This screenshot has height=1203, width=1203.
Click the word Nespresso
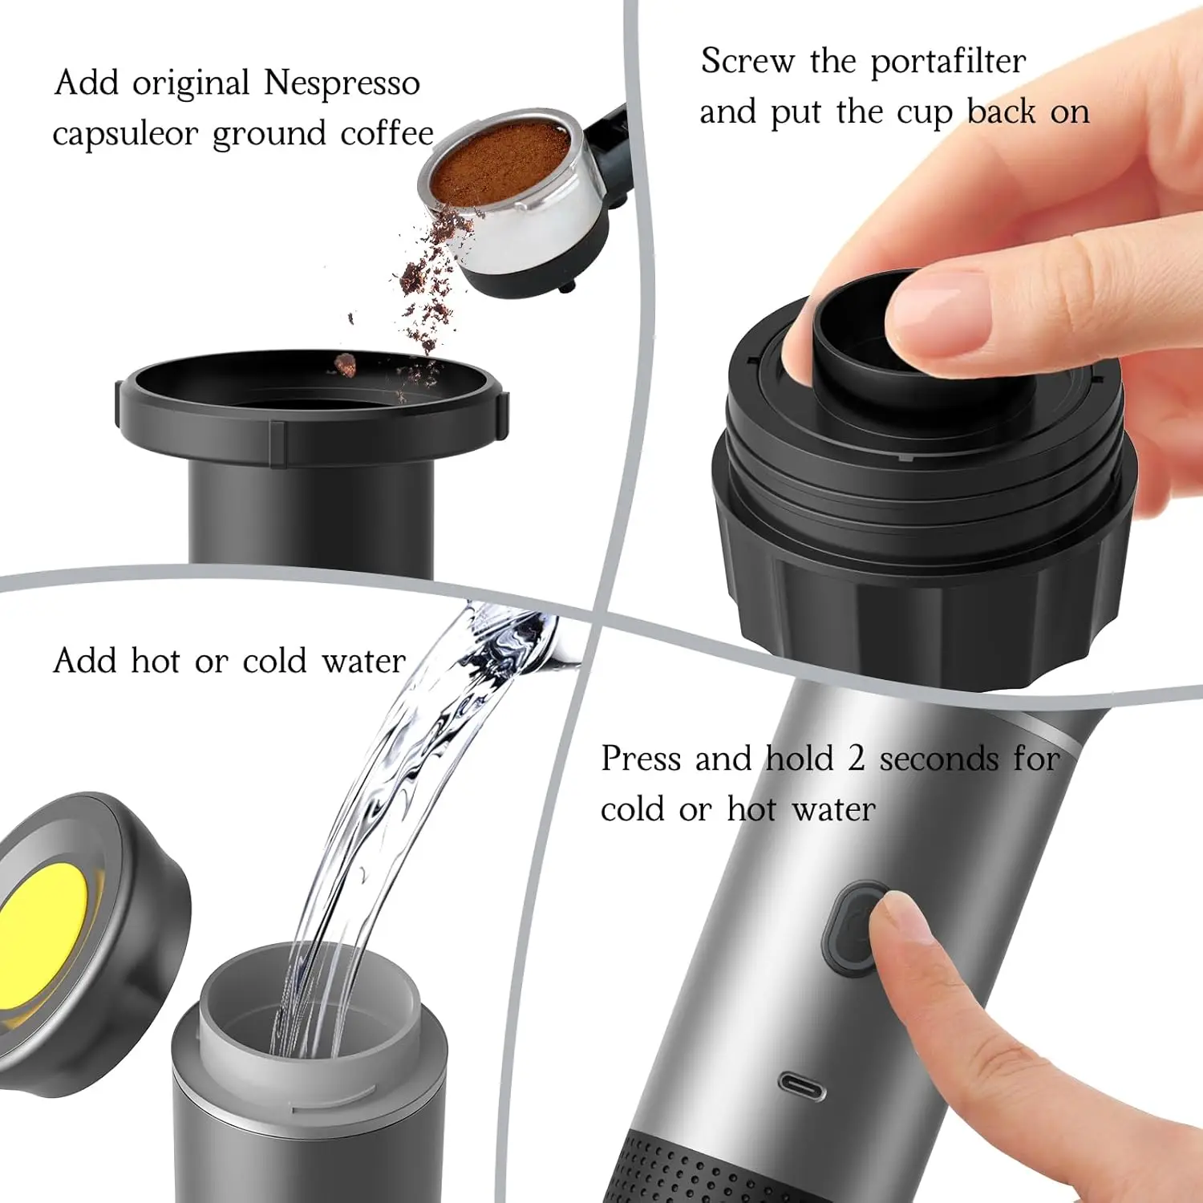(x=342, y=83)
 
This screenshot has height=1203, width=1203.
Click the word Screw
(x=747, y=61)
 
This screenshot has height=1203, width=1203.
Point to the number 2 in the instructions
(x=857, y=759)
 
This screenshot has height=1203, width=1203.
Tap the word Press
(x=640, y=759)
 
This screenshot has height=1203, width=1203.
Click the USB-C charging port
(x=802, y=1088)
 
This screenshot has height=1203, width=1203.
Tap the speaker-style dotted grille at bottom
(x=690, y=1171)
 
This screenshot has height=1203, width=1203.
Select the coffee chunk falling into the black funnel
(x=345, y=365)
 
